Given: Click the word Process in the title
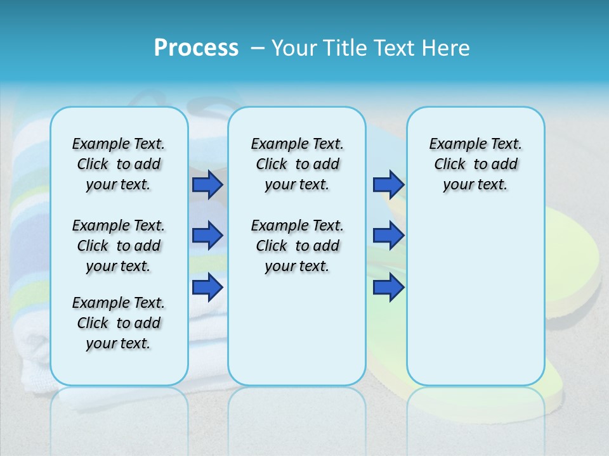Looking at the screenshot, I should point(196,48).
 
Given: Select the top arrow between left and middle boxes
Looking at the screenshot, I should point(207,184).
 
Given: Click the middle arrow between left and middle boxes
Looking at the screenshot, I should point(207,236).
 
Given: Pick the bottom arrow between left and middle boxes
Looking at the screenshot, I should point(207,288).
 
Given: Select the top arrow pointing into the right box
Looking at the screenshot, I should point(388,184).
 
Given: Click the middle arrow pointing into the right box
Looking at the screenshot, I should point(388,236).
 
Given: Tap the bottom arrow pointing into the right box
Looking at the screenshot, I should point(388,288).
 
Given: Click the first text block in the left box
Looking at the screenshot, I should point(119,164).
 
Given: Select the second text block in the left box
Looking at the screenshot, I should point(119,246).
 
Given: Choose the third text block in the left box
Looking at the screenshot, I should point(119,323).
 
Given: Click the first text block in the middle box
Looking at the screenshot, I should point(297,164).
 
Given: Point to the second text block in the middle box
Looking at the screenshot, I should point(297,246).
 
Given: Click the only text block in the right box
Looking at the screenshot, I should point(476,164).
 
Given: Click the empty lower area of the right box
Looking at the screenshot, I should point(476,298).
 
